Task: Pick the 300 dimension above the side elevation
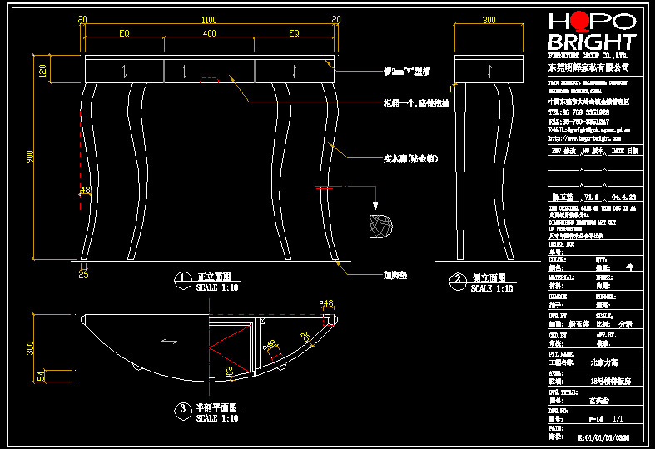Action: [489, 19]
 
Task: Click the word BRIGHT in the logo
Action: [591, 42]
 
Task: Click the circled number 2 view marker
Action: [457, 280]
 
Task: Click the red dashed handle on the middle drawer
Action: [209, 82]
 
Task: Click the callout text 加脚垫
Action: [396, 272]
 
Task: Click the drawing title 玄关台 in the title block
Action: [587, 399]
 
